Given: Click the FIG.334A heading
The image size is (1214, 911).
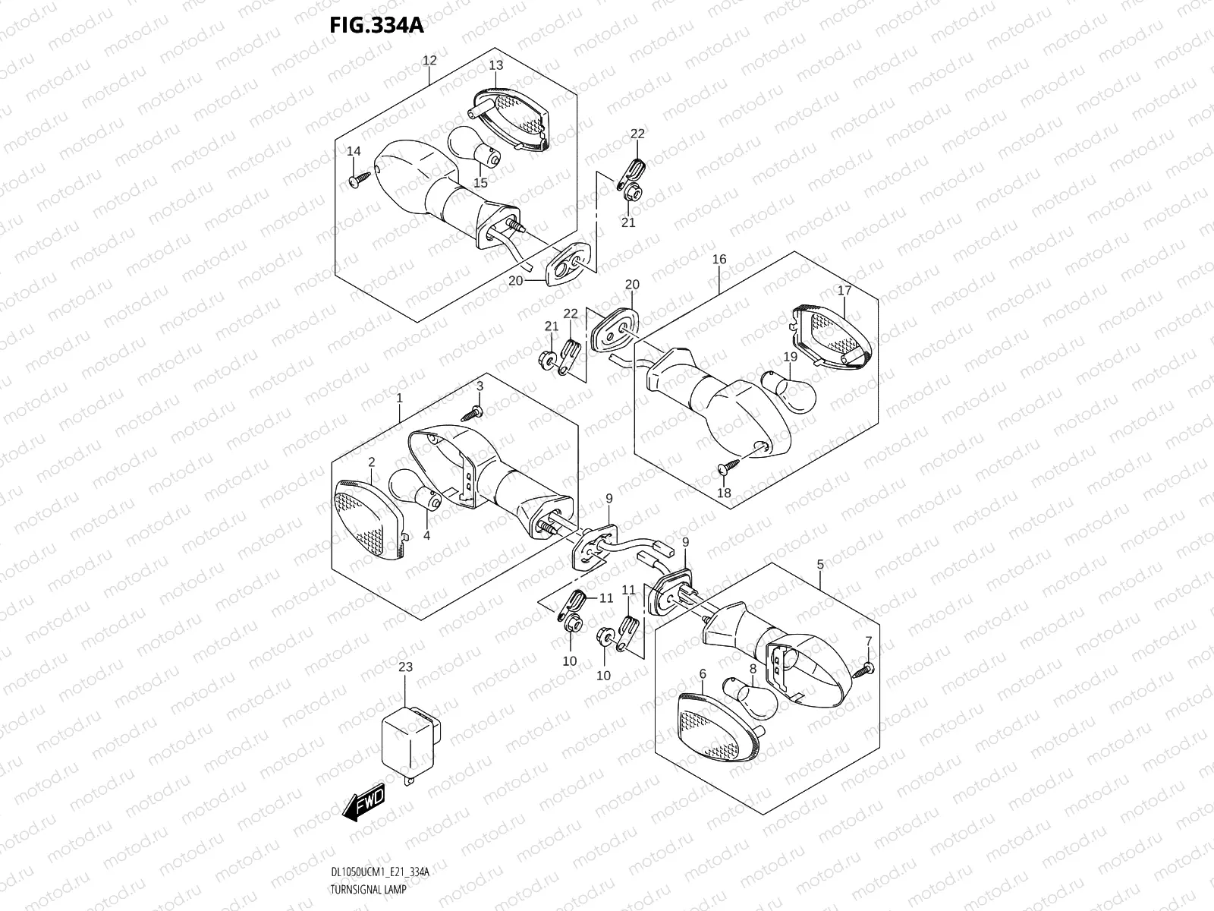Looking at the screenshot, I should point(376,25).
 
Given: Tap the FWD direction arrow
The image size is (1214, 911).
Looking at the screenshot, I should point(365,803).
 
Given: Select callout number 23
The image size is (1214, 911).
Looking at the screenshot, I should point(405,668).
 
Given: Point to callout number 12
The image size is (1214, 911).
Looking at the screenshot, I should point(429,60).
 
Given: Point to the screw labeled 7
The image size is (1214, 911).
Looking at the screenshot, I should point(864,668).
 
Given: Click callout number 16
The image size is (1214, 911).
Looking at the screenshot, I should point(719,260).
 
